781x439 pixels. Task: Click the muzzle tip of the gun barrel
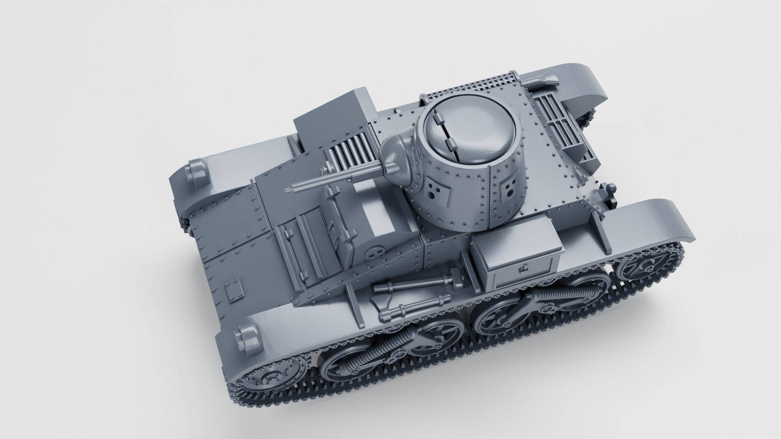click(x=290, y=190)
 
